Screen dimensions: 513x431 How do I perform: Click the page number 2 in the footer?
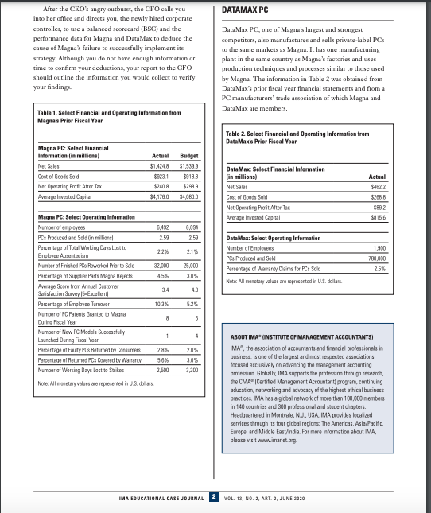pos(214,496)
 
